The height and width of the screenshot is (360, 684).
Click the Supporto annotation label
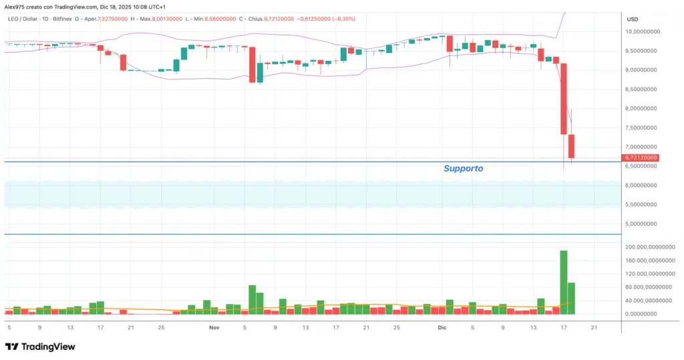(463, 169)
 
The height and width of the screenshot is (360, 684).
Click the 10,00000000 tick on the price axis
(643, 31)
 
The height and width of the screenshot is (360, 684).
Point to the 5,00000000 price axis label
(643, 224)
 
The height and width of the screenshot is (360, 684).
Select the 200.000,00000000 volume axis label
(650, 247)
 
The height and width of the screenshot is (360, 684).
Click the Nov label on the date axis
(214, 328)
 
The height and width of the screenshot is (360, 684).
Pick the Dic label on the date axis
(441, 328)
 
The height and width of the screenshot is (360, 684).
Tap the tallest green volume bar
(564, 282)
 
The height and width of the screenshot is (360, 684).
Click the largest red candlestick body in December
(564, 99)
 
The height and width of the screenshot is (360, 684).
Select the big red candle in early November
(252, 64)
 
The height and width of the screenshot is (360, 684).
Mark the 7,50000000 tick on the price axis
(643, 128)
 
